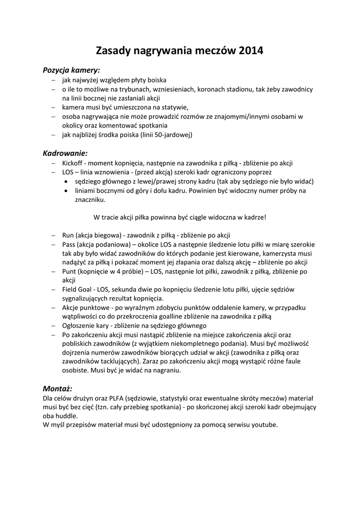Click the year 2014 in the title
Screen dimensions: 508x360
(x=251, y=51)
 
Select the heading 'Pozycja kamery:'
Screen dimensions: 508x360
(x=72, y=70)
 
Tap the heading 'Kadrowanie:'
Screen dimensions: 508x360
(x=65, y=153)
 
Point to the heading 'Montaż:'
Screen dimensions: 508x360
(x=58, y=388)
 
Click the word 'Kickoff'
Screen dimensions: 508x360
(x=73, y=163)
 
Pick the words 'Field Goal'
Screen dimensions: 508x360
(x=78, y=289)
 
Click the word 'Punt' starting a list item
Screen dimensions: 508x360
(x=70, y=271)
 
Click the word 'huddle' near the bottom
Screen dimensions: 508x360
(x=66, y=416)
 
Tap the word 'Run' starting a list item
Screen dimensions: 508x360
(x=68, y=235)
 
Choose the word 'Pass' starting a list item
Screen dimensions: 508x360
(x=70, y=244)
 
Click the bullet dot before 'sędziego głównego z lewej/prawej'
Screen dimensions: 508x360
(x=66, y=182)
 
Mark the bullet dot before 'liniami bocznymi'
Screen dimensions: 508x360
(x=66, y=190)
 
